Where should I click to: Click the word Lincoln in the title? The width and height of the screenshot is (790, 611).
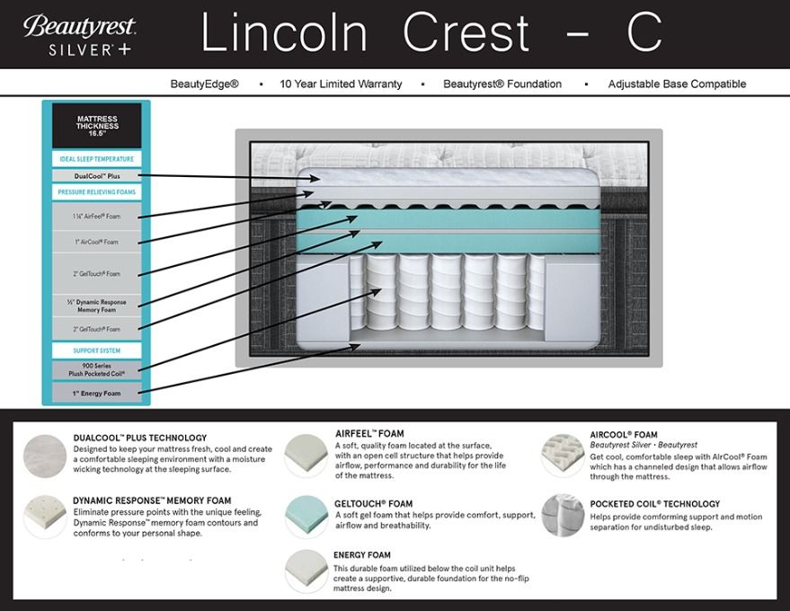point(284,33)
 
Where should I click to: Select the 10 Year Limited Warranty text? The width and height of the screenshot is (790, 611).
point(341,84)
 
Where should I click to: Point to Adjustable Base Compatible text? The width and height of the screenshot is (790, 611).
point(677,84)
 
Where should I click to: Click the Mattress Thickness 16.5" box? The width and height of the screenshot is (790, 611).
point(97,124)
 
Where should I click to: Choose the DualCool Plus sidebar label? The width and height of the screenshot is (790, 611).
point(97,176)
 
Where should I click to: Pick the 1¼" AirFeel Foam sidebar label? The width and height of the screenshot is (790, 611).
point(97,217)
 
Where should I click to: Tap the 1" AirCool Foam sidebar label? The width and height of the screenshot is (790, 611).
point(97,242)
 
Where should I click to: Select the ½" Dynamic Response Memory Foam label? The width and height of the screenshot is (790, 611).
point(97,305)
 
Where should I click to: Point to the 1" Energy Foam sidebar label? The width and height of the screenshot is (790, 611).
point(97,394)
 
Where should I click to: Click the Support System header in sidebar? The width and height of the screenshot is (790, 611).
point(97,350)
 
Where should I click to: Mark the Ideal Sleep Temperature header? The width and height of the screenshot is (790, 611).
point(97,159)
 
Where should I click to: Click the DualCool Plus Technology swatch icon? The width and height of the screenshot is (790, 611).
point(44,455)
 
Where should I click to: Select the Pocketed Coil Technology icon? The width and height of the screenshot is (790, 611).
point(562,516)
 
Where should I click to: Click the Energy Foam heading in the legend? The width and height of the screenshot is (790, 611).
point(362,555)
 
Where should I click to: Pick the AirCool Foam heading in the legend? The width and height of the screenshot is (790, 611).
point(624,435)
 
